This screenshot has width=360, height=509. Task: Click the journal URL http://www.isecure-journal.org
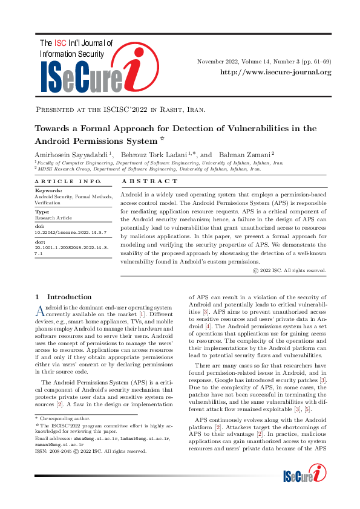(275, 73)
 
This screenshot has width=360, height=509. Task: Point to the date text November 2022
(218, 62)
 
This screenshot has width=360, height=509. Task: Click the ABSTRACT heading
(151, 181)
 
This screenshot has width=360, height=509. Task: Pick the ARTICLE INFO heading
(60, 181)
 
